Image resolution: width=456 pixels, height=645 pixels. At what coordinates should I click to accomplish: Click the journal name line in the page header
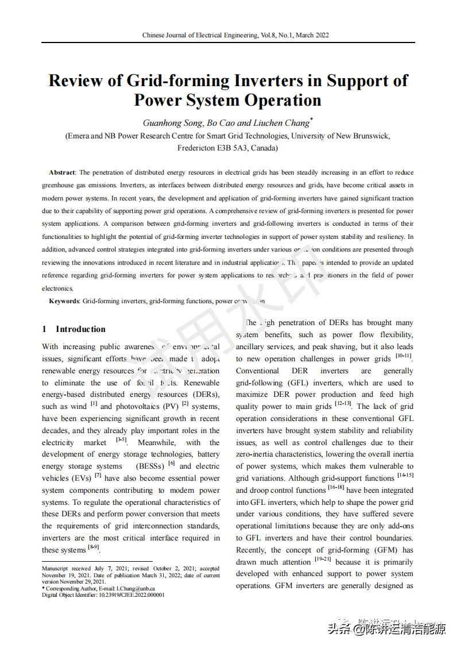coord(235,35)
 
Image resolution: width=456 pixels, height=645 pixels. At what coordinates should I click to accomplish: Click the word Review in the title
coord(76,80)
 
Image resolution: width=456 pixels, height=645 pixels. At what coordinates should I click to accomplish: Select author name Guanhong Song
coord(172,123)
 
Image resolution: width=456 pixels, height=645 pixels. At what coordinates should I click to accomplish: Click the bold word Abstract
coord(62,172)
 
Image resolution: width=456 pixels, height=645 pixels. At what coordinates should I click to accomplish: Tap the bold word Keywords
coord(64,301)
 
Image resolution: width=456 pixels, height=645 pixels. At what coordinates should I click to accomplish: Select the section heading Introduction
coord(80,329)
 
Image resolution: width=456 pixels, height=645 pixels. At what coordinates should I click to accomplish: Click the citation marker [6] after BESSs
coord(171,464)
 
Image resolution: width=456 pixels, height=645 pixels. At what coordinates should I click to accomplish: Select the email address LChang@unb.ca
coord(136,589)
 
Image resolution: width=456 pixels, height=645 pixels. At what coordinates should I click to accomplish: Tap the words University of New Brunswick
coord(341,136)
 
